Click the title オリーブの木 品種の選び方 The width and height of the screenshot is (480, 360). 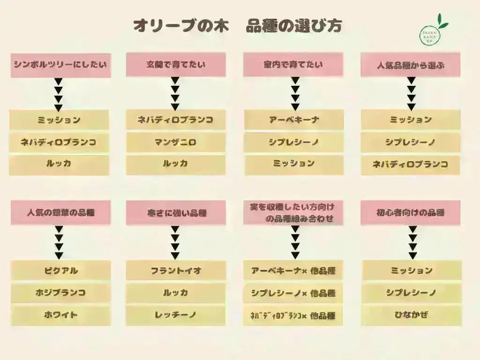(x=237, y=26)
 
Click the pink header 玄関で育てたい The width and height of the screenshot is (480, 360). (x=176, y=65)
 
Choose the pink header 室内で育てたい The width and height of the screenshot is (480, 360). (x=293, y=65)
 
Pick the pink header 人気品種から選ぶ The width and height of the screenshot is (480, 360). (x=410, y=65)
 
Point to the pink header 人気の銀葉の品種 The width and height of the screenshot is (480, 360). (x=60, y=213)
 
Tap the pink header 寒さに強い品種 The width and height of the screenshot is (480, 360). (x=176, y=213)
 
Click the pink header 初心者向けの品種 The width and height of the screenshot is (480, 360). (x=411, y=213)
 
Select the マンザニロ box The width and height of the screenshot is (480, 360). (x=176, y=142)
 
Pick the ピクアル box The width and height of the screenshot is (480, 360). (x=60, y=270)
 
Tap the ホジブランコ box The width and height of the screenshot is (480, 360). (x=60, y=293)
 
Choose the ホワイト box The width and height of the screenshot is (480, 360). (x=60, y=315)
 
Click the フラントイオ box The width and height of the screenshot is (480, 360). (x=176, y=270)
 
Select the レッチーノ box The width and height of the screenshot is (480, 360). (x=176, y=315)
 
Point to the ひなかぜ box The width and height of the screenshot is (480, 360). (x=411, y=315)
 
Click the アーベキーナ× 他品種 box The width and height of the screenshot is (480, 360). (x=293, y=270)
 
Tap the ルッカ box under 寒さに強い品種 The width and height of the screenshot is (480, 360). (x=176, y=293)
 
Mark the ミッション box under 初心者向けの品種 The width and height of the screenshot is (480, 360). (x=411, y=270)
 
